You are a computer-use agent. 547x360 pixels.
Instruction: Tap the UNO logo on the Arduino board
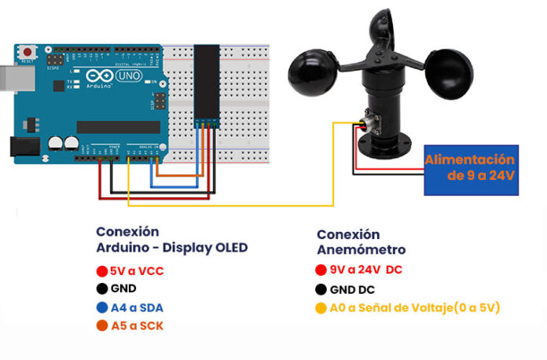pos(127,75)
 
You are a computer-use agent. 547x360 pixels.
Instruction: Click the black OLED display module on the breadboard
pos(207,79)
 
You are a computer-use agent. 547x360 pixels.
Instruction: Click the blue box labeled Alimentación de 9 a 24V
pos(471,169)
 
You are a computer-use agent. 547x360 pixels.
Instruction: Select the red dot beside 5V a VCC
pos(101,271)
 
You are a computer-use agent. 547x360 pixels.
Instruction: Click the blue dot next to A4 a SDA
pos(101,307)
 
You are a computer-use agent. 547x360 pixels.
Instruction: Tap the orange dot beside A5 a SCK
pos(101,325)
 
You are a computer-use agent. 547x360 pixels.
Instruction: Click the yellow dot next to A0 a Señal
pos(321,308)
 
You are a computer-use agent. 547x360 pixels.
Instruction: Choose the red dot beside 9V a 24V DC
pos(321,270)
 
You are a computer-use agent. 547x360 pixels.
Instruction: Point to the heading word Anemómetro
pos(362,250)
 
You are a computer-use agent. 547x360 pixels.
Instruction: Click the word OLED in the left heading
pos(229,248)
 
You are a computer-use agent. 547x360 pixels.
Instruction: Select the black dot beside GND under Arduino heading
pos(101,289)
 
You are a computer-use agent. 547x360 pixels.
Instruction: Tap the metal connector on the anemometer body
pos(364,123)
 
